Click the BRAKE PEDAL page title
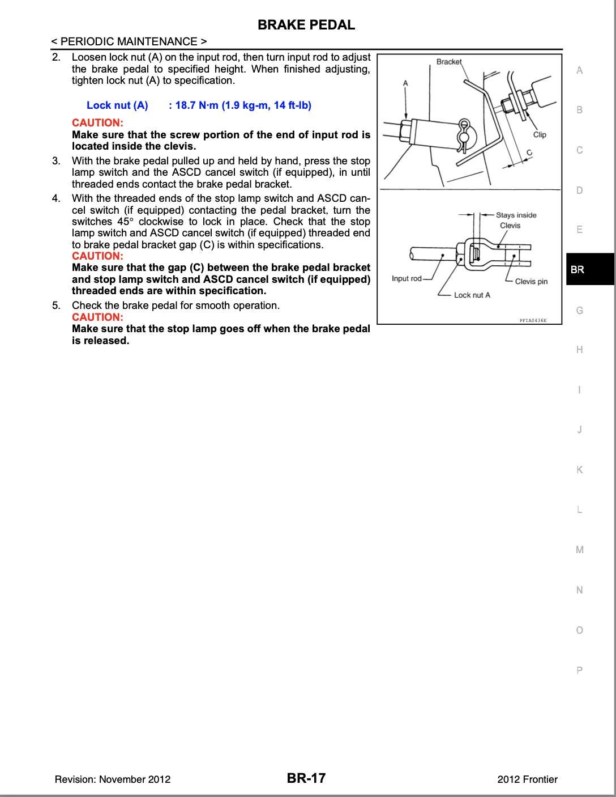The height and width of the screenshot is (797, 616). pyautogui.click(x=306, y=25)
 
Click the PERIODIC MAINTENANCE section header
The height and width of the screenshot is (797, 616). pyautogui.click(x=129, y=41)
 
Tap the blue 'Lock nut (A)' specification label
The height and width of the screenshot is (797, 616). pyautogui.click(x=117, y=105)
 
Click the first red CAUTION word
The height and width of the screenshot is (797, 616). pyautogui.click(x=97, y=122)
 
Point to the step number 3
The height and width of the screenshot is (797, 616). pyautogui.click(x=56, y=161)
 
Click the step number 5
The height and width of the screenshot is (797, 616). pyautogui.click(x=56, y=306)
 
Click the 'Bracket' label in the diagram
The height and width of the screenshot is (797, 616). pyautogui.click(x=449, y=62)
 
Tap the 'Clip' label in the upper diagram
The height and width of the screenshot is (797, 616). pyautogui.click(x=540, y=134)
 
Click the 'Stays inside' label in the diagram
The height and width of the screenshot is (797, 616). pyautogui.click(x=516, y=215)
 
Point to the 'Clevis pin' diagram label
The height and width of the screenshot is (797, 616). pyautogui.click(x=531, y=281)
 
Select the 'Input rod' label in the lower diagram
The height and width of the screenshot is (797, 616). pyautogui.click(x=407, y=278)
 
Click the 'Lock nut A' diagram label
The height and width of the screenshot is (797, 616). pyautogui.click(x=472, y=295)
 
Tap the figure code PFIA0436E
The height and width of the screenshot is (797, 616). pyautogui.click(x=533, y=320)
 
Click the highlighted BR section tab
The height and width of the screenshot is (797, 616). pyautogui.click(x=577, y=270)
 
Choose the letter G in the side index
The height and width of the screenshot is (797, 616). pyautogui.click(x=579, y=310)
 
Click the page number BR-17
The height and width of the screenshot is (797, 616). pyautogui.click(x=306, y=778)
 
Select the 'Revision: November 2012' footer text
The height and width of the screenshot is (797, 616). pyautogui.click(x=113, y=779)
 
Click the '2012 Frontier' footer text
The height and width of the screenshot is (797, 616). pyautogui.click(x=527, y=779)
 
